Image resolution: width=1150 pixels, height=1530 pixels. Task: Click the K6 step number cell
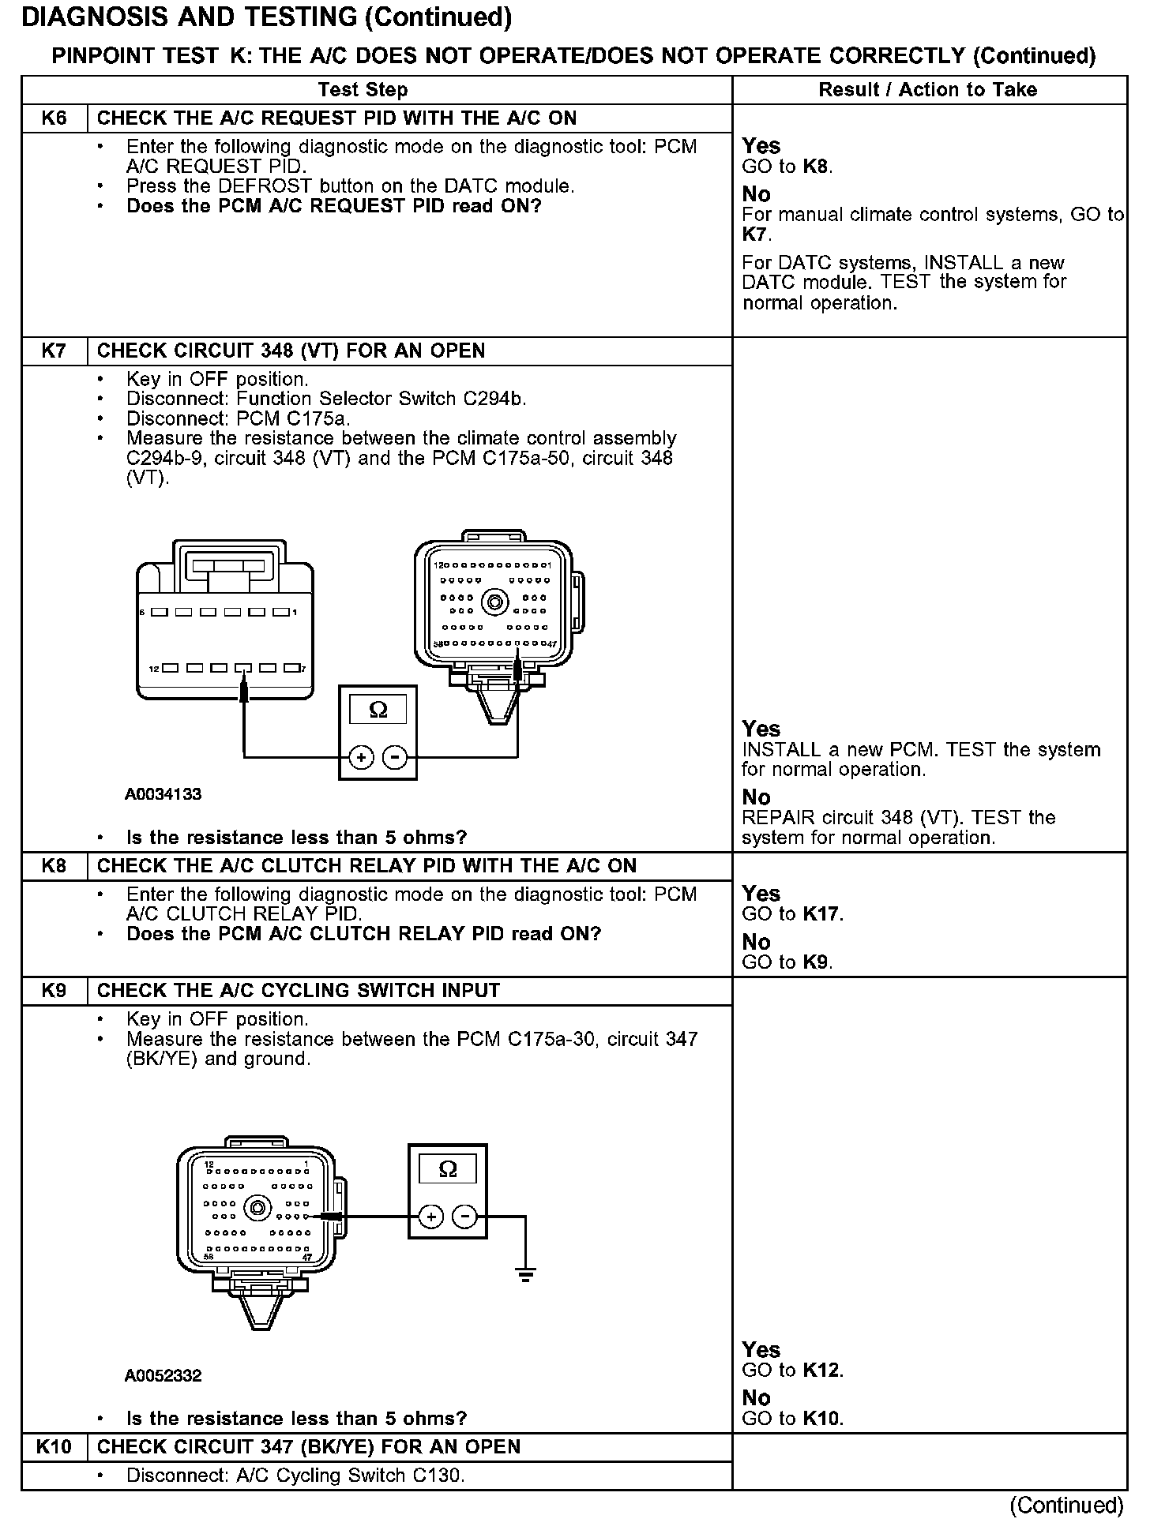coord(54,118)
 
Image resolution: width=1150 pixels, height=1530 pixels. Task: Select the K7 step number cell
coord(54,351)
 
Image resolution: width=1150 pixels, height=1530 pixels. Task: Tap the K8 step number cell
coord(54,865)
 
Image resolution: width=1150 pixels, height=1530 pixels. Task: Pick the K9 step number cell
coord(54,990)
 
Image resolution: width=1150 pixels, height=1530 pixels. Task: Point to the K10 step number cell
coord(54,1446)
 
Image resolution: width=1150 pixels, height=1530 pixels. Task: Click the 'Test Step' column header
coord(363,90)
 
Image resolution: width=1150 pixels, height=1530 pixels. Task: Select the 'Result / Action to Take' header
coord(927,90)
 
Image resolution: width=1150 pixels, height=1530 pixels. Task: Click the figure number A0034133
coord(163,794)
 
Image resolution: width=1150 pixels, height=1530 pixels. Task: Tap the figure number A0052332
coord(163,1375)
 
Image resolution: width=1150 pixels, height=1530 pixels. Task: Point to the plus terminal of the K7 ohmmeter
coord(361,758)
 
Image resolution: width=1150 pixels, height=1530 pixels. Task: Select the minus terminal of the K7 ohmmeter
coord(394,758)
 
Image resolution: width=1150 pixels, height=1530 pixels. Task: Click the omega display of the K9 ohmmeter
coord(447,1169)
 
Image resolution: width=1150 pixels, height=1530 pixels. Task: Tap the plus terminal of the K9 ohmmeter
coord(430,1217)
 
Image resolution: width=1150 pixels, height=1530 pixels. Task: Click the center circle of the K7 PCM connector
coord(495,604)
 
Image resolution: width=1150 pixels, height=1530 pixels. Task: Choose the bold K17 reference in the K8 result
coord(822,914)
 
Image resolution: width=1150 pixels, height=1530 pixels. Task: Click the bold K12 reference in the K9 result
coord(822,1371)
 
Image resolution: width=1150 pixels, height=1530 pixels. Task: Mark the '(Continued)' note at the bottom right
coord(1065,1505)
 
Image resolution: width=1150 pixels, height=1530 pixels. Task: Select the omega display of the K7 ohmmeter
coord(378,709)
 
